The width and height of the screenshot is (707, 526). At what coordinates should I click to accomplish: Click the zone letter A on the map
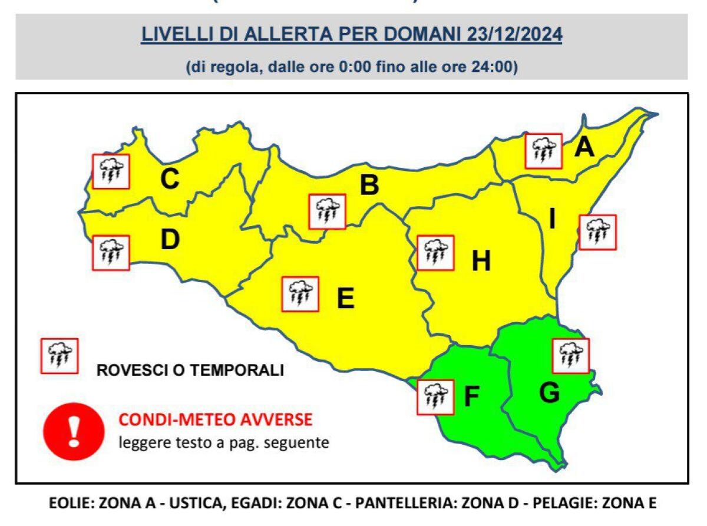coord(584,147)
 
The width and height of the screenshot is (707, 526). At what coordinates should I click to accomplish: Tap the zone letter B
coord(369,186)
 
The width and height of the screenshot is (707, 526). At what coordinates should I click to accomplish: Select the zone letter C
coord(170,180)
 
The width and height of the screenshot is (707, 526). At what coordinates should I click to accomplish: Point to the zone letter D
coord(170,240)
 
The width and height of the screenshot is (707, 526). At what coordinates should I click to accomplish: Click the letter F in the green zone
coord(471,398)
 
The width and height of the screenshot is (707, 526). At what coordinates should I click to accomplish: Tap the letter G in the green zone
coord(549,393)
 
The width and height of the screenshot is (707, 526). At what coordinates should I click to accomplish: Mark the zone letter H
coord(481,262)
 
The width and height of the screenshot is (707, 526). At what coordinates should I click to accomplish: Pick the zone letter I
coord(552,219)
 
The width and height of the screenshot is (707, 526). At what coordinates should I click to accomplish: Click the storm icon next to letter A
coord(543,151)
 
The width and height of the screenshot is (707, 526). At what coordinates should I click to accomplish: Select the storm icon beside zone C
coord(111,171)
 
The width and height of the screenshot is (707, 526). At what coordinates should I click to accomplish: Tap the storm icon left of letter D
coord(111,253)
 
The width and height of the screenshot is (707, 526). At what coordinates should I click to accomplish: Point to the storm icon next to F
coord(435,397)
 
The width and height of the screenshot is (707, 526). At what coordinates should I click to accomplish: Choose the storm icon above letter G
coord(571,355)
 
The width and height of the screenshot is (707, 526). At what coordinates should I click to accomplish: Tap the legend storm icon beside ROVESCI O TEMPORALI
coord(59,356)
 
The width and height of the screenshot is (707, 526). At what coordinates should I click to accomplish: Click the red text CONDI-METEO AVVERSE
coord(215,421)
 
